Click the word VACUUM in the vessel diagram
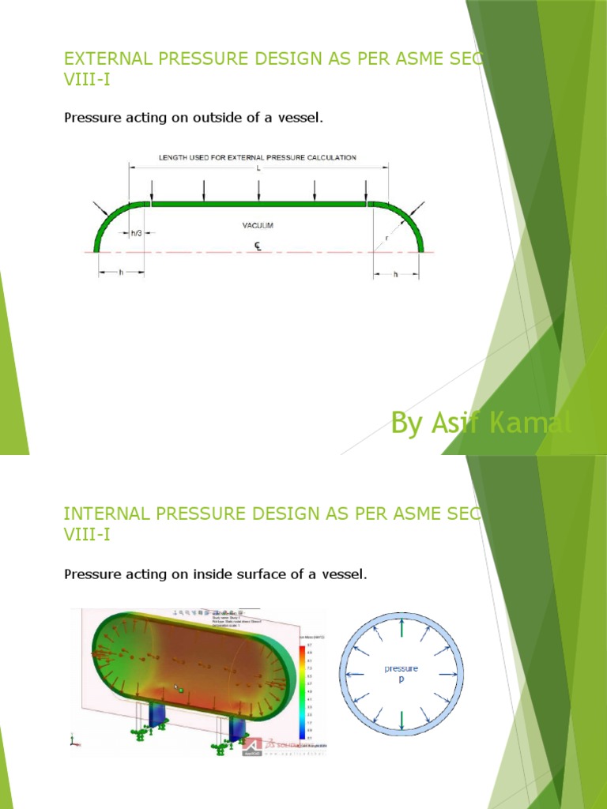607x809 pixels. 258,225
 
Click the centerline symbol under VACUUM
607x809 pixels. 258,245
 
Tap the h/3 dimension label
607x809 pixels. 137,232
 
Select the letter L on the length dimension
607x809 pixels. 258,169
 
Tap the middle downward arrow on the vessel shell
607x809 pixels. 259,190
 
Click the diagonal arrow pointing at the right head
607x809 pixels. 417,208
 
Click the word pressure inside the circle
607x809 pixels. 402,668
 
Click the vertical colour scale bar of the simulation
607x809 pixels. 302,684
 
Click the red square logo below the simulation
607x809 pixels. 251,745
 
